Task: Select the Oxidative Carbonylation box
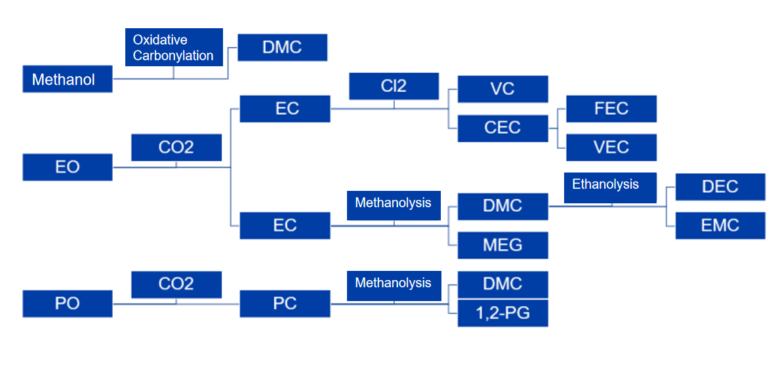pos(174,47)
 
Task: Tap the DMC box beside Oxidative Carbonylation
pos(282,47)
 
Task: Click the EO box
pos(68,167)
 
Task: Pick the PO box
pos(68,304)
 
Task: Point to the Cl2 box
pos(394,86)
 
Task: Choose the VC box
pos(502,89)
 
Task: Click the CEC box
pos(502,128)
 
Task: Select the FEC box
pos(611,108)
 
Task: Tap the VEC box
pos(611,147)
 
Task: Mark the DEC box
pos(720,186)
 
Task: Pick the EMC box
pos(720,225)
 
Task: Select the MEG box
pos(502,245)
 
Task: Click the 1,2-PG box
pos(502,313)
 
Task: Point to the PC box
pos(285,304)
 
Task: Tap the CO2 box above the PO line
pos(176,284)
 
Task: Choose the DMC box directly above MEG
pos(502,206)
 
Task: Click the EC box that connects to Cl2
pos(285,108)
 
